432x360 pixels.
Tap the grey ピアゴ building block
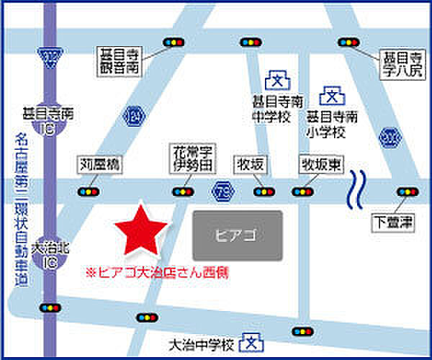click(238, 235)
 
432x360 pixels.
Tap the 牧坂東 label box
click(320, 165)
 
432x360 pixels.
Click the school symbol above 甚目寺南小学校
click(332, 94)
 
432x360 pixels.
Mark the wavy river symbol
click(356, 189)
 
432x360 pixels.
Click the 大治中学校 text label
click(202, 345)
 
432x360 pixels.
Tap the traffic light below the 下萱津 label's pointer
click(407, 192)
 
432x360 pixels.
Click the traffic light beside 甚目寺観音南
click(172, 43)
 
